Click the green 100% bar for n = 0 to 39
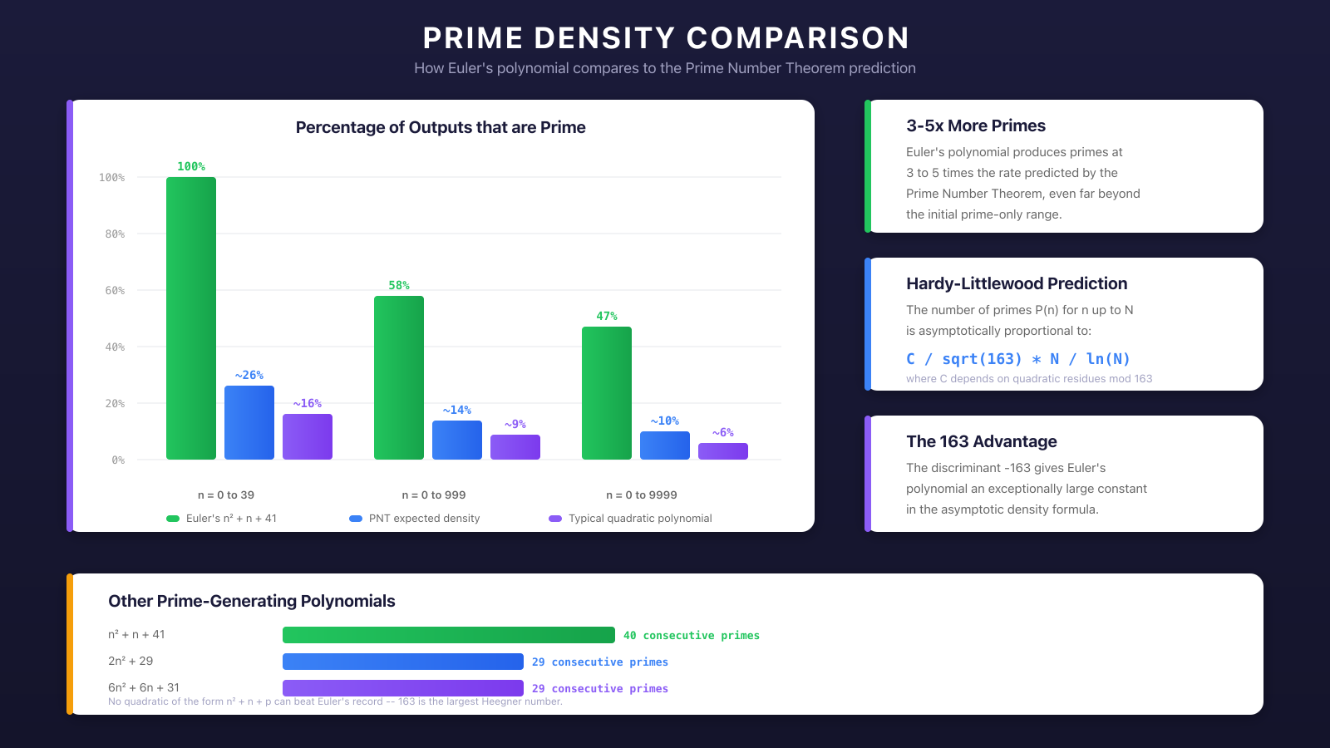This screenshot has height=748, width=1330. (x=191, y=318)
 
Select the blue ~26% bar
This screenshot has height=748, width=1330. (x=249, y=422)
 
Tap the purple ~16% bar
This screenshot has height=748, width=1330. (x=308, y=436)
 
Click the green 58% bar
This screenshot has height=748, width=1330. (x=399, y=377)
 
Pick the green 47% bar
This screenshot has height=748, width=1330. (x=607, y=393)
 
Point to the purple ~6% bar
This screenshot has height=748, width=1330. (x=723, y=451)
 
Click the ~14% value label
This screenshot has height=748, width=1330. (x=457, y=411)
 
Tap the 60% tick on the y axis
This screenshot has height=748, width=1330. (x=115, y=291)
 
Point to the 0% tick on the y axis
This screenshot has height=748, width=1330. (x=118, y=460)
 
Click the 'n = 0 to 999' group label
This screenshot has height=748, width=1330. (x=434, y=495)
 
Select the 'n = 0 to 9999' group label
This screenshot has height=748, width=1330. (x=642, y=495)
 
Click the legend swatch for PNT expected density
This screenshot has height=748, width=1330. (x=356, y=519)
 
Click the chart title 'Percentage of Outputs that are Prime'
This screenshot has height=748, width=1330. (x=441, y=127)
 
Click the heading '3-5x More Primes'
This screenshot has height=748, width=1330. (x=976, y=125)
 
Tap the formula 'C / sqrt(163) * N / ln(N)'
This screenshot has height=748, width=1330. (x=1018, y=359)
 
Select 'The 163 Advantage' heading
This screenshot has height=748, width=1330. (x=982, y=441)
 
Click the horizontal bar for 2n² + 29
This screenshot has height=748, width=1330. (x=403, y=662)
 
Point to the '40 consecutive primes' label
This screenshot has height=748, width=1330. (x=692, y=636)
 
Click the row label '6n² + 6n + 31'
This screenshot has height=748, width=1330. (x=144, y=687)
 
